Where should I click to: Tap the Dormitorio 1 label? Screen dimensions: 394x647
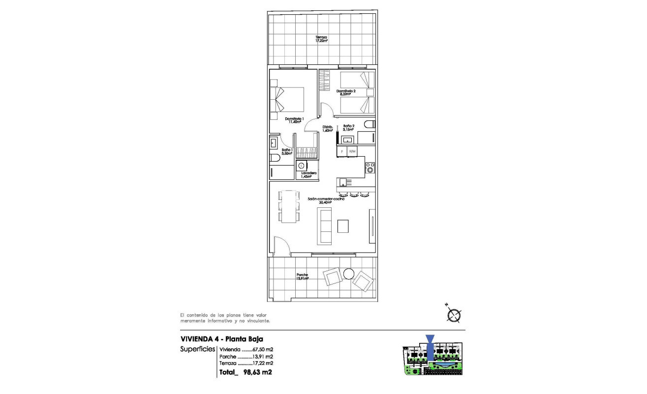click(295, 120)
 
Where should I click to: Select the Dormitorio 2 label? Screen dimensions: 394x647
click(346, 92)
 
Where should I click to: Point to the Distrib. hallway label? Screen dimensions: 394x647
click(328, 129)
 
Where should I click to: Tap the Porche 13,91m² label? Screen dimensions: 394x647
click(302, 277)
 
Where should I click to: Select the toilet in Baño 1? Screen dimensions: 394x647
click(274, 157)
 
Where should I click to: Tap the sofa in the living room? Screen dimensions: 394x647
click(324, 225)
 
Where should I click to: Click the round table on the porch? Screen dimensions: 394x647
click(349, 273)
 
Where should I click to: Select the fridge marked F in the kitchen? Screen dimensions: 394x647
click(342, 151)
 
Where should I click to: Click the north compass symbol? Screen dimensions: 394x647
click(454, 314)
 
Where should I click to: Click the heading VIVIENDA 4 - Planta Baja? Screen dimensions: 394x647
click(221, 339)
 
